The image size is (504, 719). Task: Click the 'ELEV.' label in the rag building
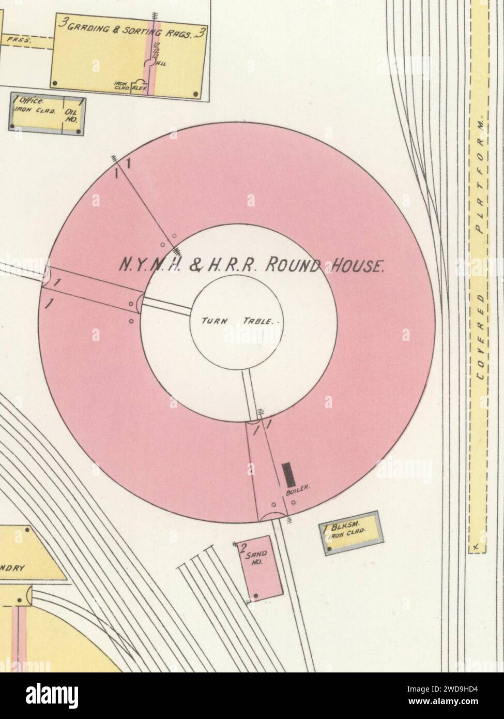140,88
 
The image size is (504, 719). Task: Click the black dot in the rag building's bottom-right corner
195,94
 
